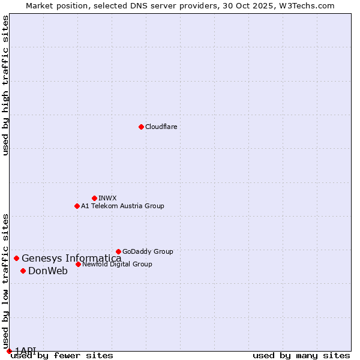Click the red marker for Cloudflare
[x=141, y=127]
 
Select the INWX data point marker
[x=94, y=198]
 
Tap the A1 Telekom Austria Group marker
[x=77, y=206]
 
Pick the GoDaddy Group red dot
[x=118, y=251]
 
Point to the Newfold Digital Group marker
[x=78, y=264]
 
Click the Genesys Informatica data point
[x=16, y=258]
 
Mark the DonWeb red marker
[x=23, y=271]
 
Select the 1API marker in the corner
[x=9, y=351]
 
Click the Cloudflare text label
[x=161, y=127]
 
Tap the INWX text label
[x=107, y=198]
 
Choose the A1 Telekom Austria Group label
[x=122, y=206]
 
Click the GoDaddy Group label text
[x=148, y=251]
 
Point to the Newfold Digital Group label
[x=117, y=264]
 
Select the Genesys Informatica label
[x=71, y=258]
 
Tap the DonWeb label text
[x=48, y=271]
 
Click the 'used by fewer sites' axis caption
[x=62, y=355]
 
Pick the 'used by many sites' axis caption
[x=301, y=355]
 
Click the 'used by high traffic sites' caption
[x=6, y=85]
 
